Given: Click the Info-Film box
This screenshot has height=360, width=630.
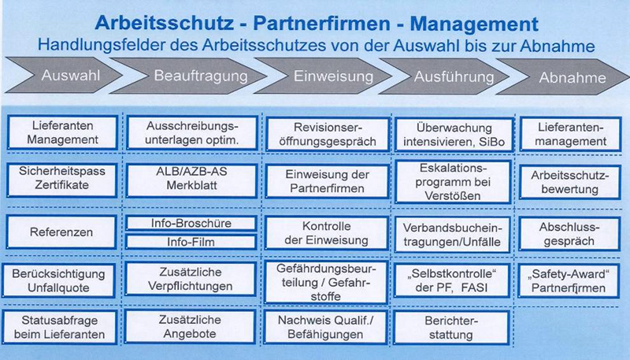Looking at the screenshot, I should [192, 242].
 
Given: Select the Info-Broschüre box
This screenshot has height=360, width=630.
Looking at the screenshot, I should [192, 224].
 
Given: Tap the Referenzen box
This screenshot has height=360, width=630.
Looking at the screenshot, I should [65, 233].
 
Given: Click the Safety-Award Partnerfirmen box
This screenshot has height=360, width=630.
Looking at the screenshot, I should [573, 281].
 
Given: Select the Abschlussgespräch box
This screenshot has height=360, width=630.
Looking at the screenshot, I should [573, 232].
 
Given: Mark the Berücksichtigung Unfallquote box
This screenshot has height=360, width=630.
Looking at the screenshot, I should [65, 281].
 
